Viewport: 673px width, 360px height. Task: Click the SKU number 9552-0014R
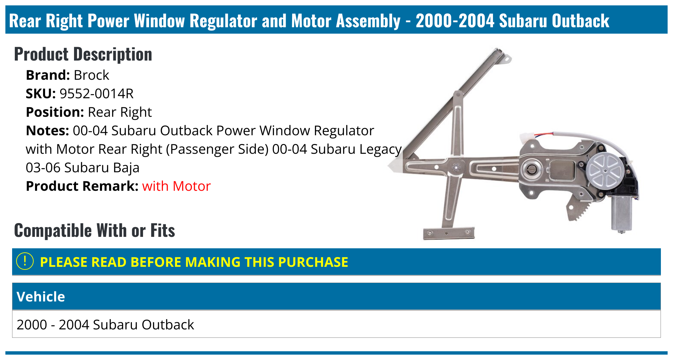click(97, 94)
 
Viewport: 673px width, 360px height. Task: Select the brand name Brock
click(92, 75)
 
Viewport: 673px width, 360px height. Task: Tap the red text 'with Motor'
click(176, 186)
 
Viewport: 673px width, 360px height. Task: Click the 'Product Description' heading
click(83, 54)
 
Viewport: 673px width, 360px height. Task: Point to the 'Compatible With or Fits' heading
click(95, 230)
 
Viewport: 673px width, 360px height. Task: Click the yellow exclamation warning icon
click(25, 261)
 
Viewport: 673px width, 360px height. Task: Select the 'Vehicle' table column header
click(41, 297)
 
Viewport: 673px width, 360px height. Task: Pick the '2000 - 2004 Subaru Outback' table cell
click(105, 325)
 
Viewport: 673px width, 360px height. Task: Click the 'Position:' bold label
click(55, 112)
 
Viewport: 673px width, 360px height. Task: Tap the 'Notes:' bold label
click(47, 131)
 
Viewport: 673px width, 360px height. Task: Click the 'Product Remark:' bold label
click(82, 186)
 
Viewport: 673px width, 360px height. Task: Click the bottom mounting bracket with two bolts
click(449, 233)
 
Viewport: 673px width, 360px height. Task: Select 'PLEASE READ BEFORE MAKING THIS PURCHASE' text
click(194, 262)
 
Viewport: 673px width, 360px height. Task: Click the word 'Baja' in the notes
click(126, 168)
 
